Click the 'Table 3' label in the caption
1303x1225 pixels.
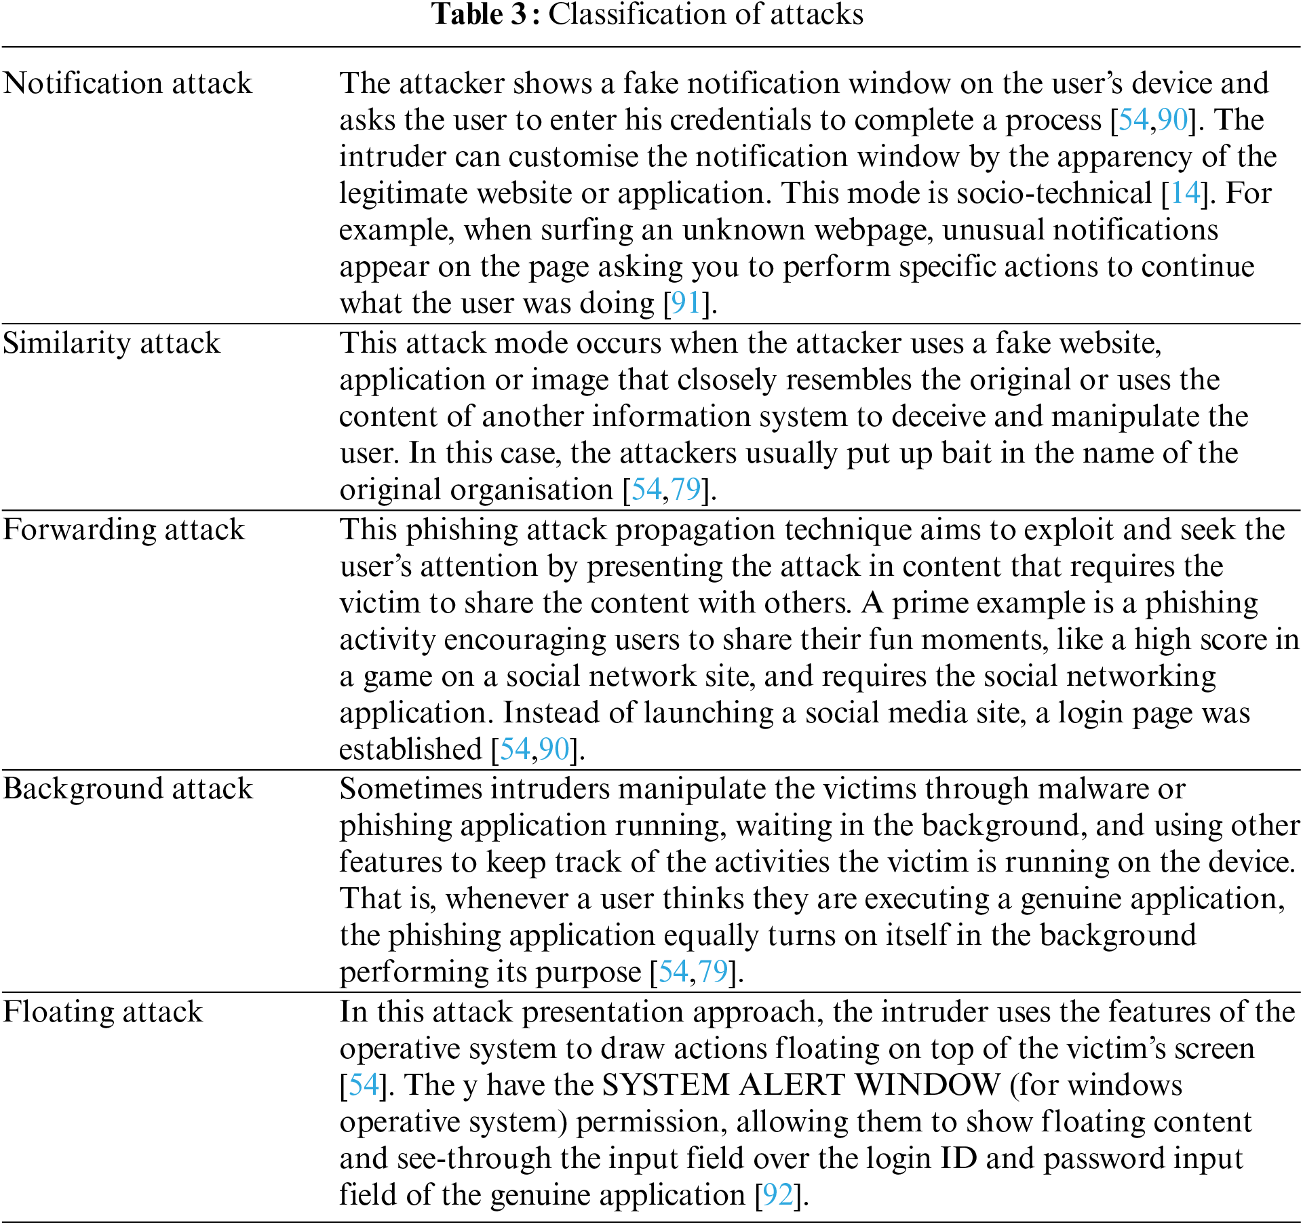[x=479, y=14]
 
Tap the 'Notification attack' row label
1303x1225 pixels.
[x=128, y=83]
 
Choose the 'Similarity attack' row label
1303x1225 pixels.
[x=111, y=343]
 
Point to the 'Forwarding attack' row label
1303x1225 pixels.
[x=123, y=530]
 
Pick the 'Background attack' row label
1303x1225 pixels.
[x=128, y=789]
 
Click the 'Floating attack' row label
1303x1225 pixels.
[x=102, y=1012]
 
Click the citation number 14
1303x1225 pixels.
[x=1185, y=193]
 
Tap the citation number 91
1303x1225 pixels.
[x=685, y=303]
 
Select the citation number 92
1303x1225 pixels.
[x=777, y=1195]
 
